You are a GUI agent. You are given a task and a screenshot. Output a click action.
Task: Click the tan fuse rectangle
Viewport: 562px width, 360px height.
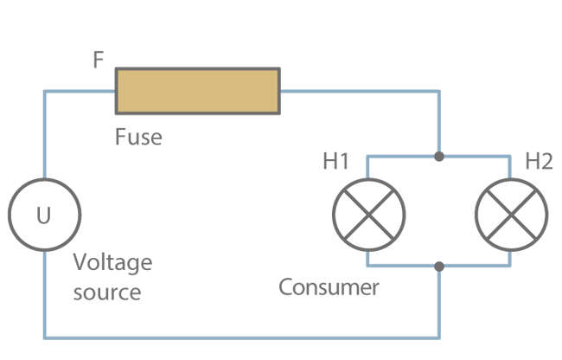tap(197, 90)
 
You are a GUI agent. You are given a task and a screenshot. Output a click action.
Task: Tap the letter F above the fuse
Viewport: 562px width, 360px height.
tap(99, 61)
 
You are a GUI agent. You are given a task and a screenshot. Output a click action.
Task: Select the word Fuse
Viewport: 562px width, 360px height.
tap(138, 137)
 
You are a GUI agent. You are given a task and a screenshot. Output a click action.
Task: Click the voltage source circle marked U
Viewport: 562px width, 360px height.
tap(44, 215)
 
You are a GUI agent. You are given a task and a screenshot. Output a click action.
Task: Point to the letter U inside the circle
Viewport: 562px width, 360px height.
tap(44, 215)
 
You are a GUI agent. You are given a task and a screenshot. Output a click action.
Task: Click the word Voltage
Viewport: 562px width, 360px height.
tap(112, 262)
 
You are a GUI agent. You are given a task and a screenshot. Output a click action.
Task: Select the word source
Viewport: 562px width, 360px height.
tap(106, 292)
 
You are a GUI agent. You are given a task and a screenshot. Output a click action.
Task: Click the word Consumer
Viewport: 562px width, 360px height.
tap(329, 286)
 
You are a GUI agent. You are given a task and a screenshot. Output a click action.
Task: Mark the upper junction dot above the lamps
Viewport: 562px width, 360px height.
tap(439, 157)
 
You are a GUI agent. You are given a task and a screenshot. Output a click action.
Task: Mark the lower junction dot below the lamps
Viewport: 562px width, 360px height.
tap(439, 266)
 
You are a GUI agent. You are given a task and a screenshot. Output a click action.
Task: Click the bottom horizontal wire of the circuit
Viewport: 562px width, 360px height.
tap(242, 337)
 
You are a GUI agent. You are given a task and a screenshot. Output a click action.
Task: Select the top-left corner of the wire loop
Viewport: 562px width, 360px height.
tap(44, 90)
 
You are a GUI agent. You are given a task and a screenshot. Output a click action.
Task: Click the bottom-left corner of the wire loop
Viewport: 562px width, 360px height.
tap(44, 337)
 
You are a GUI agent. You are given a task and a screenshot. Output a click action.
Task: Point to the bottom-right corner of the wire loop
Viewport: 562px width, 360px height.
tap(439, 337)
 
